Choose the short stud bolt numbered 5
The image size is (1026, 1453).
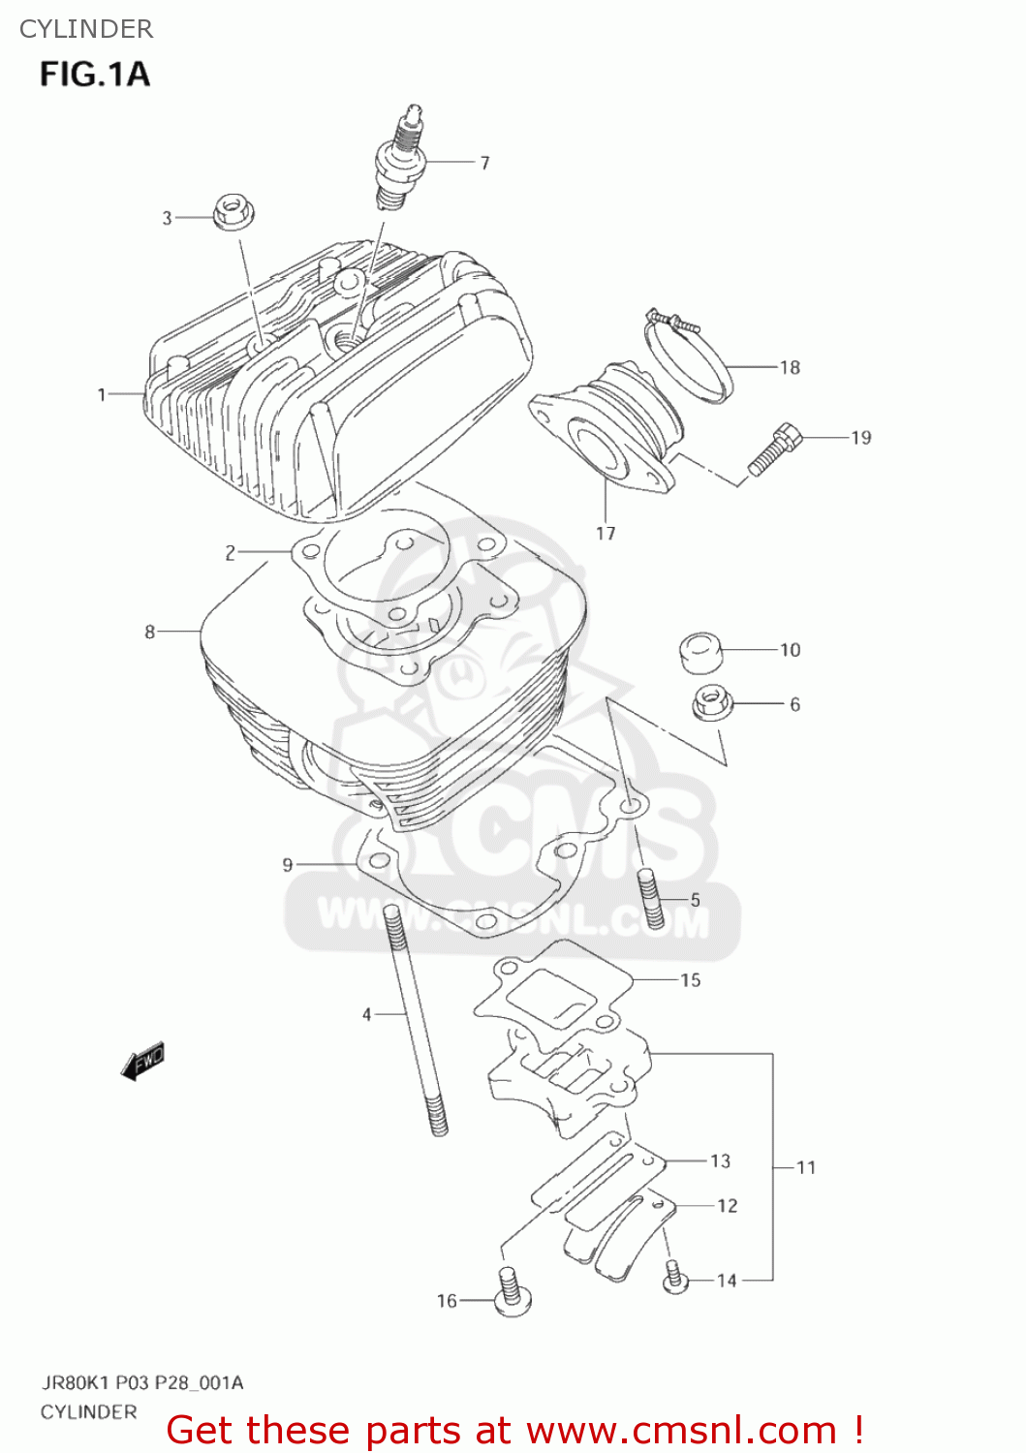(649, 899)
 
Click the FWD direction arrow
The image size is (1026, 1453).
(143, 1061)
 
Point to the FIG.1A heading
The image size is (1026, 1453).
(95, 74)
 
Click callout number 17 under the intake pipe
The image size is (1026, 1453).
(606, 533)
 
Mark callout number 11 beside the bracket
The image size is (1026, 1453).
(806, 1167)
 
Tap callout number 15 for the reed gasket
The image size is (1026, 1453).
(690, 980)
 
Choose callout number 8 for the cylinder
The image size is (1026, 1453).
(150, 632)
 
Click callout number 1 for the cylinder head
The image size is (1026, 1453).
(102, 394)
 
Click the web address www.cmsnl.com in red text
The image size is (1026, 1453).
(681, 1430)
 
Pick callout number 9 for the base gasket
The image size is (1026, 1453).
(288, 864)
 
